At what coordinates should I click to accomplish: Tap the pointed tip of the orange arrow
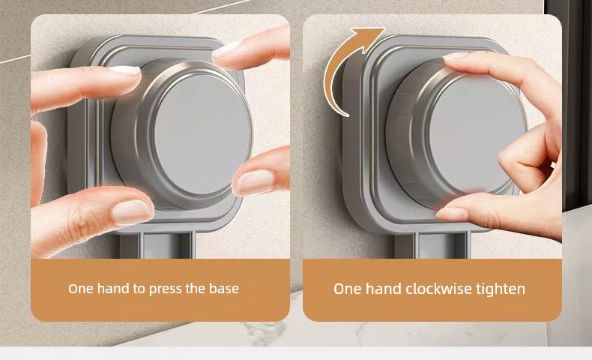pos(384,28)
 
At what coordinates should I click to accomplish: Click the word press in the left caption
pos(166,289)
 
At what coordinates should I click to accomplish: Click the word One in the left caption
pos(81,289)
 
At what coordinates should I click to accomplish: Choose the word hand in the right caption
pos(383,289)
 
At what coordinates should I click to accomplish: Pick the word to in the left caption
pos(139,289)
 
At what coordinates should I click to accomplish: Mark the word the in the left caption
pos(195,289)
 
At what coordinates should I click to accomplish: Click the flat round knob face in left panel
pos(202,134)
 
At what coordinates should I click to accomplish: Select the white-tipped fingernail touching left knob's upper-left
pos(124,70)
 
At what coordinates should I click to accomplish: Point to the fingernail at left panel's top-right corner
pos(226,49)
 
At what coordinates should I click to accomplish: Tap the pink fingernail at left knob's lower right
pos(255,182)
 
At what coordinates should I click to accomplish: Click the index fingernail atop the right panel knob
pos(456,56)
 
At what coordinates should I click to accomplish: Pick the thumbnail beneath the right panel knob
pos(452,214)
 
